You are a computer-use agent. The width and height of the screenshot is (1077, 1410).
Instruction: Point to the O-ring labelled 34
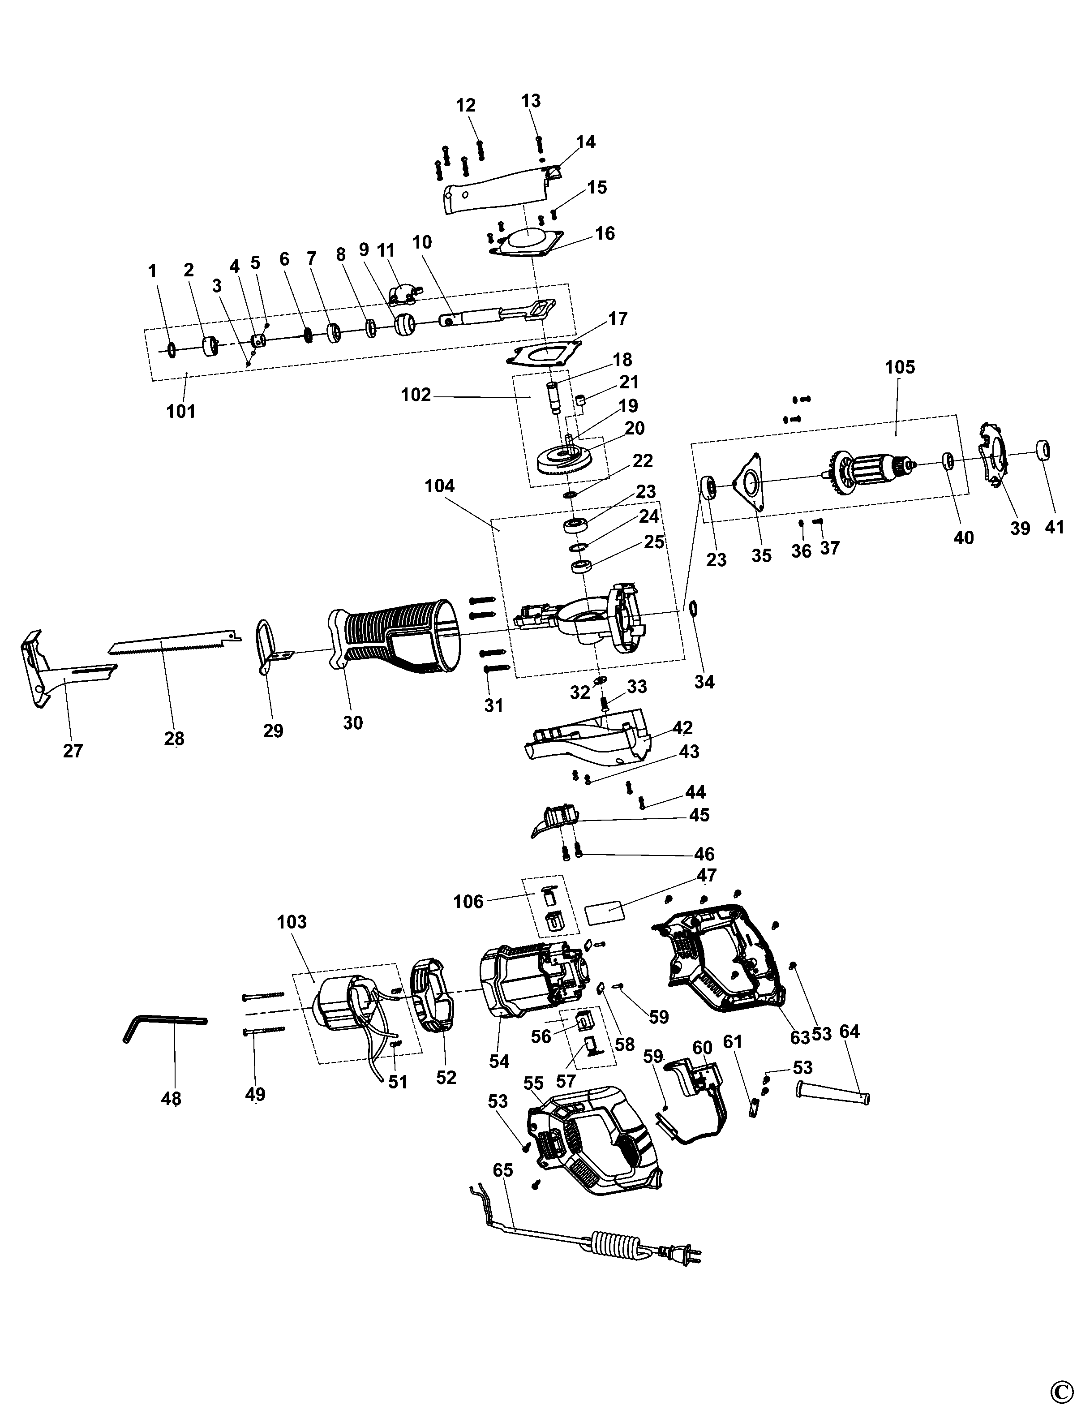[694, 608]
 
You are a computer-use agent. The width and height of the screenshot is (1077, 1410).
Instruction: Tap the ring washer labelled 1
[171, 350]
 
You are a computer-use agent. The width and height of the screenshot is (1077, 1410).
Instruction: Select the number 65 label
[503, 1170]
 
